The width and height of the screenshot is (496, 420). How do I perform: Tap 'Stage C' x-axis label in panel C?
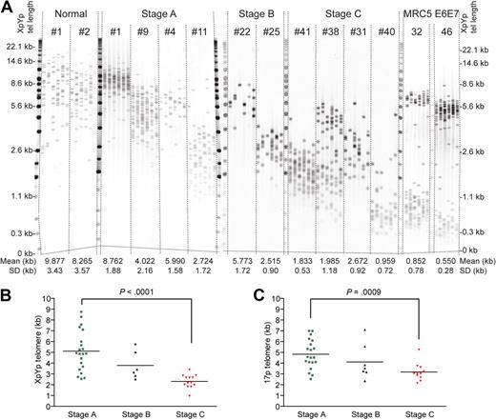point(438,411)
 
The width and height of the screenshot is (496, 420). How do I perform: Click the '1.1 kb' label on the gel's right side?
point(474,196)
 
